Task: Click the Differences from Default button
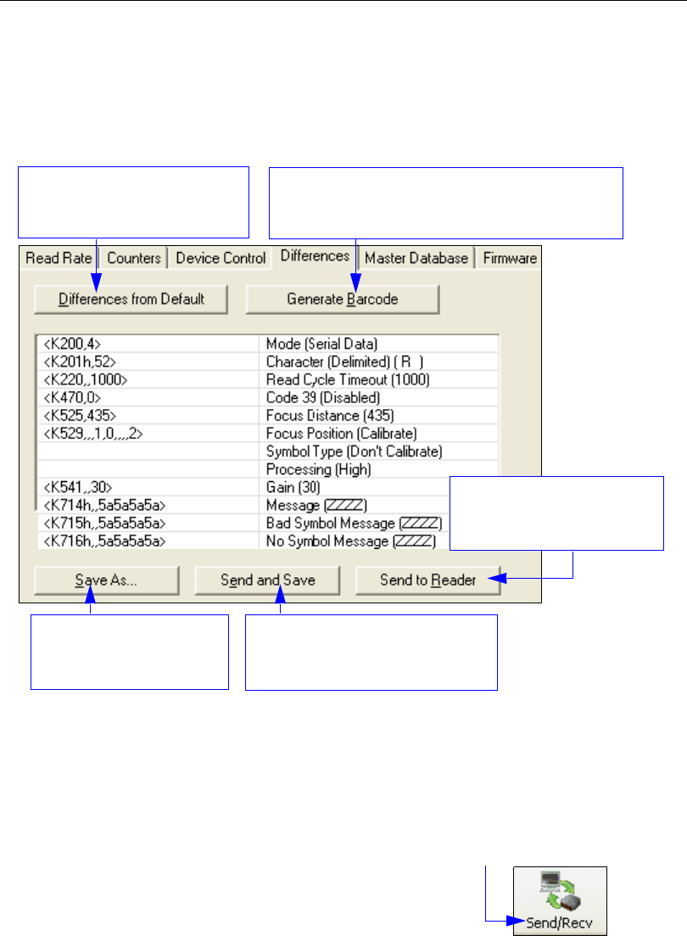point(131,299)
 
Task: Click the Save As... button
point(107,580)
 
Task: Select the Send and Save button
point(267,580)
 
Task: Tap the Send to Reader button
point(427,580)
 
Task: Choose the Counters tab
point(135,258)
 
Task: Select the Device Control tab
point(221,258)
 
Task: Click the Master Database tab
point(416,258)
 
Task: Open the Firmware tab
point(509,258)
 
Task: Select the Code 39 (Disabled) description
point(322,396)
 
